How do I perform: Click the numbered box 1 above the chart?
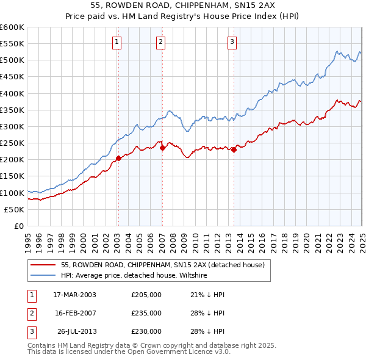pyautogui.click(x=116, y=42)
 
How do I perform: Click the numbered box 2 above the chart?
pyautogui.click(x=160, y=42)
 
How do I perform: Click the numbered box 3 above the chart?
pyautogui.click(x=232, y=42)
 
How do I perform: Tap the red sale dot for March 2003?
pyautogui.click(x=119, y=158)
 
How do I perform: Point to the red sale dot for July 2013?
pyautogui.click(x=234, y=150)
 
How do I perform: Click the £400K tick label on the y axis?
pyautogui.click(x=12, y=93)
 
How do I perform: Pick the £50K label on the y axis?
pyautogui.click(x=15, y=209)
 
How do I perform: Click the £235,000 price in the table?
pyautogui.click(x=146, y=313)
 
